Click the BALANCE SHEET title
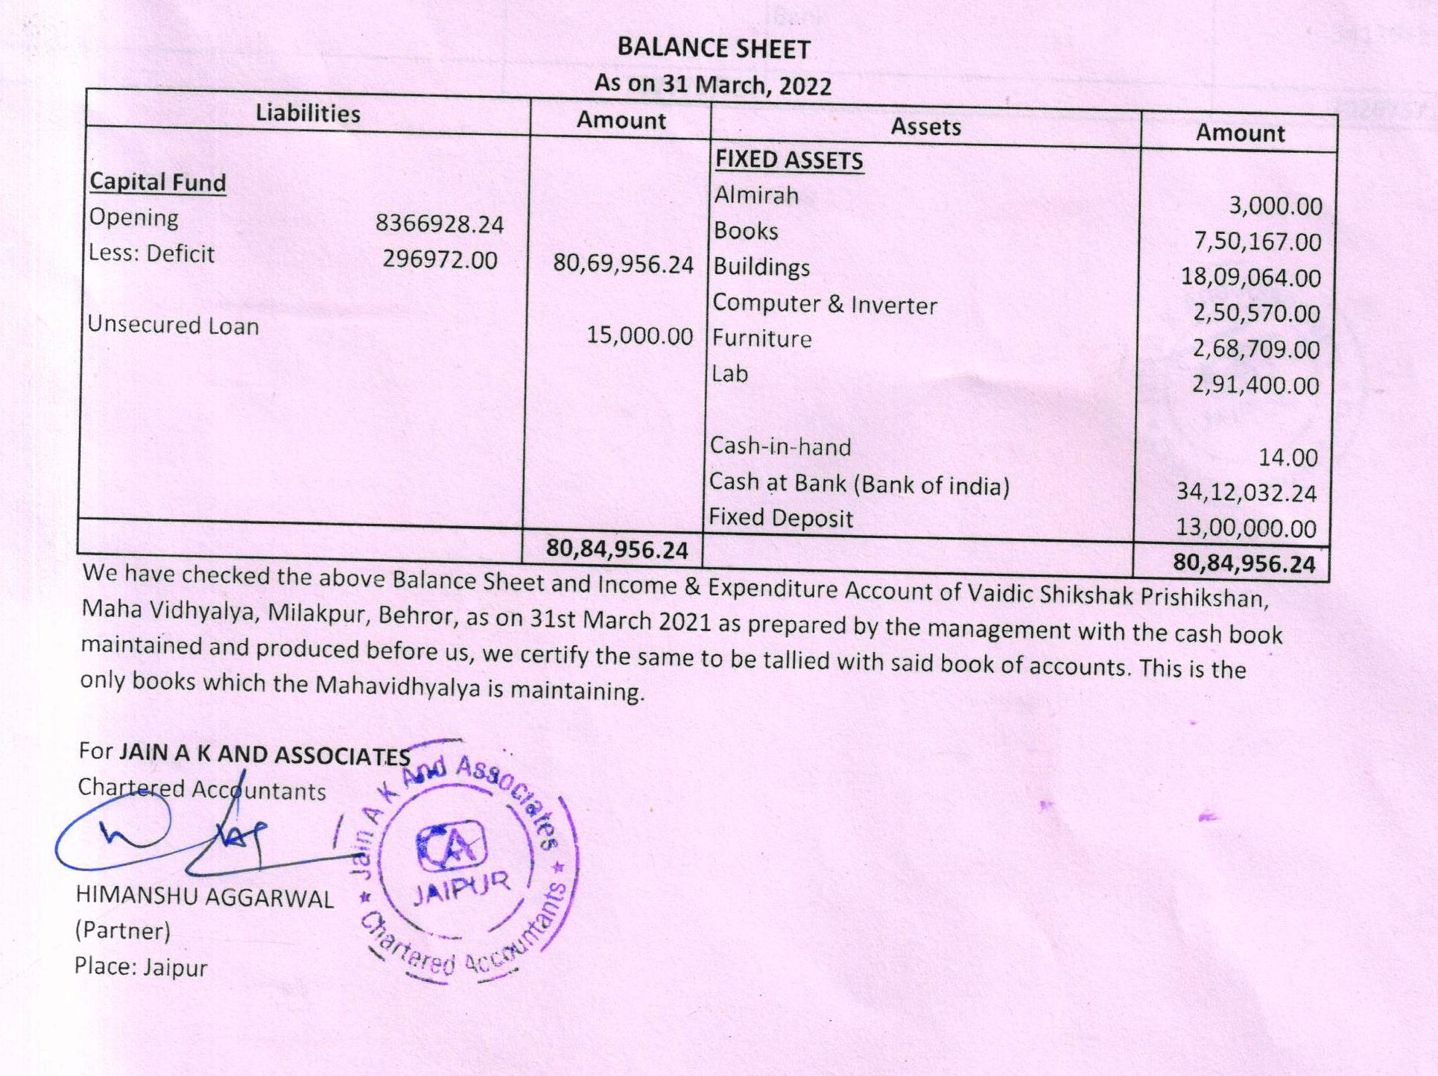click(x=713, y=48)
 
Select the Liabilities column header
click(x=308, y=113)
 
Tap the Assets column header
click(x=925, y=127)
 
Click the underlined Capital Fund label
click(x=157, y=183)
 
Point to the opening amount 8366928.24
click(x=439, y=224)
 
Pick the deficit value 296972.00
click(x=440, y=259)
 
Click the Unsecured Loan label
click(x=173, y=326)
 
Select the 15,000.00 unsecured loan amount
click(x=639, y=335)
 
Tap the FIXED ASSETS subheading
click(x=789, y=160)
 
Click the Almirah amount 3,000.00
click(x=1275, y=206)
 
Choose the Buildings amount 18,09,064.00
click(x=1250, y=277)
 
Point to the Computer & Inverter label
click(x=824, y=304)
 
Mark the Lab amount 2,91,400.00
click(x=1255, y=385)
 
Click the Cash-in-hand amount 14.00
click(x=1287, y=457)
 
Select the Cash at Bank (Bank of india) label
click(x=858, y=484)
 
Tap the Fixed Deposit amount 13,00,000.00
click(x=1246, y=528)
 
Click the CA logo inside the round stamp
click(x=451, y=847)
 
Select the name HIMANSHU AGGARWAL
click(x=204, y=897)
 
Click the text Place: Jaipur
click(x=140, y=967)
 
